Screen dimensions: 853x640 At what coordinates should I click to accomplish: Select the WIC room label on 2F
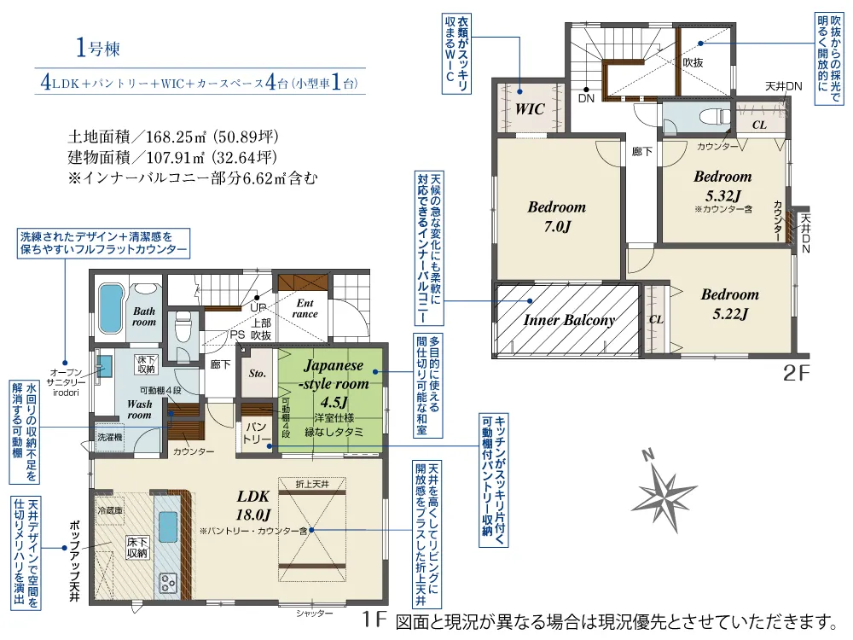click(530, 109)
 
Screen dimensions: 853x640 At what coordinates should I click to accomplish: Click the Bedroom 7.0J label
click(556, 216)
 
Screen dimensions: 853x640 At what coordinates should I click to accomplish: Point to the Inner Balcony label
click(569, 320)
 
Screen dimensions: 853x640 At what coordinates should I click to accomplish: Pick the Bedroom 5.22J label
click(729, 304)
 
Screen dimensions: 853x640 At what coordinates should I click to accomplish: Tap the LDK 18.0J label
click(253, 504)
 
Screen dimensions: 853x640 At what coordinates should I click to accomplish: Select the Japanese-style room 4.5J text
click(334, 384)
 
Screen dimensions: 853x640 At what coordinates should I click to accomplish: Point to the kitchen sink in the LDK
click(167, 527)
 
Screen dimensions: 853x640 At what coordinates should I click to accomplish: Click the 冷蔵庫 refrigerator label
click(110, 510)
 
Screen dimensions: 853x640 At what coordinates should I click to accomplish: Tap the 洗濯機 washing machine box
click(110, 437)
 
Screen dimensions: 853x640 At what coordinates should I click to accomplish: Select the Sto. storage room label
click(258, 374)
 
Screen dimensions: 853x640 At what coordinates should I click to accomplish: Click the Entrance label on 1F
click(305, 309)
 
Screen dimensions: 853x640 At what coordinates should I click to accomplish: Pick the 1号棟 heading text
click(98, 49)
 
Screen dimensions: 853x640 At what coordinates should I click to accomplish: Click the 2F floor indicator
click(797, 374)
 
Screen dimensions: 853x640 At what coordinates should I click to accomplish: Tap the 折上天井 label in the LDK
click(311, 484)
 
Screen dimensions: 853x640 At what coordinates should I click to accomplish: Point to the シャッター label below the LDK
click(315, 614)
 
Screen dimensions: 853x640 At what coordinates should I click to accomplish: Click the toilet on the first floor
click(183, 327)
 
